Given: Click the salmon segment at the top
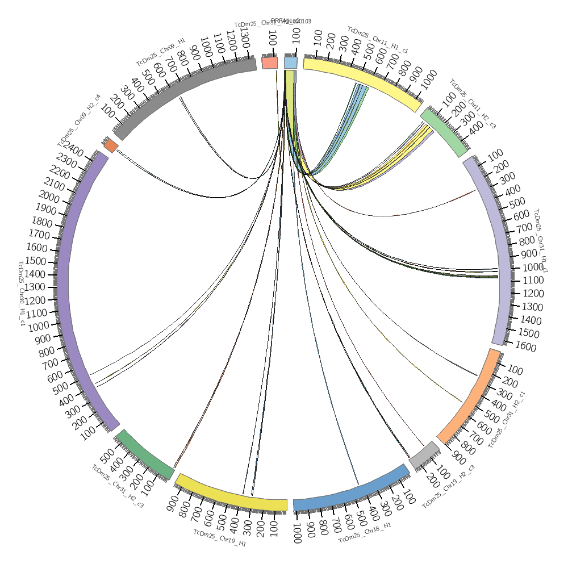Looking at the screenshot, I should click(270, 62).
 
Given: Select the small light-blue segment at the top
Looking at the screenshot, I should click(290, 62).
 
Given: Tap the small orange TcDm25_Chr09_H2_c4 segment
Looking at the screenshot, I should click(111, 145).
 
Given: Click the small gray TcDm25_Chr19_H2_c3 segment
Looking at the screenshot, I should click(424, 454).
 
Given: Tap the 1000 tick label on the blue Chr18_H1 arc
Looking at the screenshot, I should click(296, 534).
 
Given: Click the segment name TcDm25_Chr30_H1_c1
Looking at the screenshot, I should click(22, 294).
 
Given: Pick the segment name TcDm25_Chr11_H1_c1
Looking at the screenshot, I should click(378, 40).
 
